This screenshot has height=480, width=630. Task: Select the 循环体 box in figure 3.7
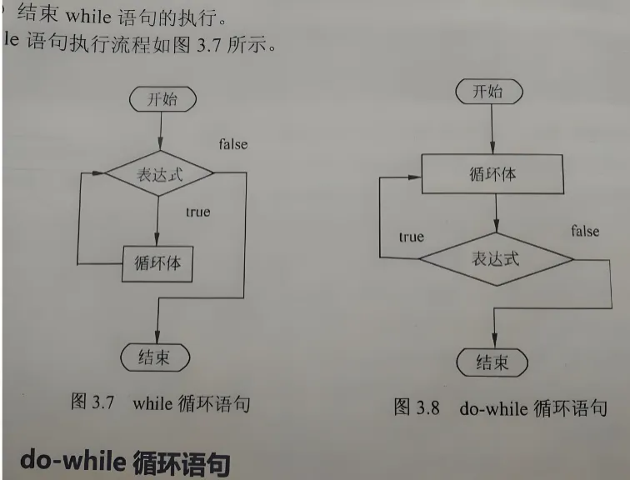[157, 263]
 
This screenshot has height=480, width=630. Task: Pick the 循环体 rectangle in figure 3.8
[493, 175]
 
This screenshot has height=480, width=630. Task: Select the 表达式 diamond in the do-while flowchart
[496, 259]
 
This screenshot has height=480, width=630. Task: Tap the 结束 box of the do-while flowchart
[492, 362]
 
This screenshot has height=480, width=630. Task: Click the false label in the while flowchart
[233, 144]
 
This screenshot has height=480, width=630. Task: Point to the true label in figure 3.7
[197, 212]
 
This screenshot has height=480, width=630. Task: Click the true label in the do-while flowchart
[411, 237]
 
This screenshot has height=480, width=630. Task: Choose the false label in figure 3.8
[585, 230]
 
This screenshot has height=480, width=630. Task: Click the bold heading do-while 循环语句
[124, 461]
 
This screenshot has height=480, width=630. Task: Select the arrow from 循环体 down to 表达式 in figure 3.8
[495, 213]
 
